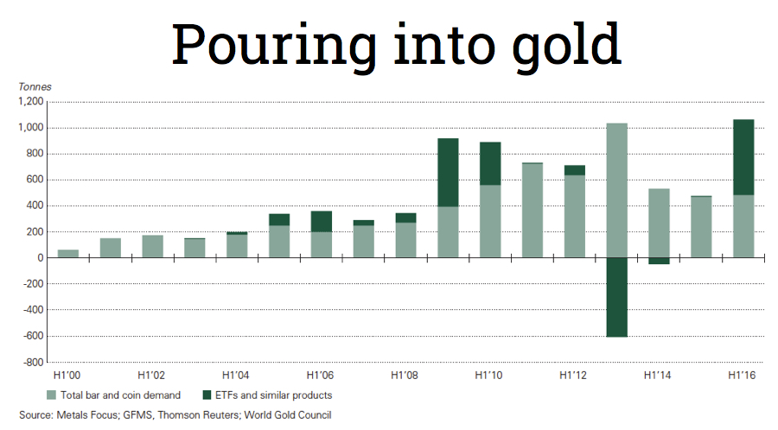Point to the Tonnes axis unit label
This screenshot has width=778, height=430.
coord(35,86)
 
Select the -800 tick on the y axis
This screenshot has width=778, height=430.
coord(32,362)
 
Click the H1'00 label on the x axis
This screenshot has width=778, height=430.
coord(67,376)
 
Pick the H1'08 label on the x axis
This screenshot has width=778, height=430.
coord(405,376)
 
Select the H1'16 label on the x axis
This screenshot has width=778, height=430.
coord(743,376)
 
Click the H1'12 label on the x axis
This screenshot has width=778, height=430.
coord(574,376)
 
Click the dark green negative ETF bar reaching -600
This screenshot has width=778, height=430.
coord(616,297)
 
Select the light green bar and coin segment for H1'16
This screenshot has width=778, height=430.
coord(743,226)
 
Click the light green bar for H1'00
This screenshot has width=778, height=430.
coord(67,254)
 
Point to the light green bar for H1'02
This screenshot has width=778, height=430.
coord(152,246)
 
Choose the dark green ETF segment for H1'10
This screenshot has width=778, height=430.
coord(490,163)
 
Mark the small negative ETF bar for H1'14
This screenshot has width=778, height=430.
coord(659,261)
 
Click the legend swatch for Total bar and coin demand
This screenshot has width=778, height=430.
coord(51,395)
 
